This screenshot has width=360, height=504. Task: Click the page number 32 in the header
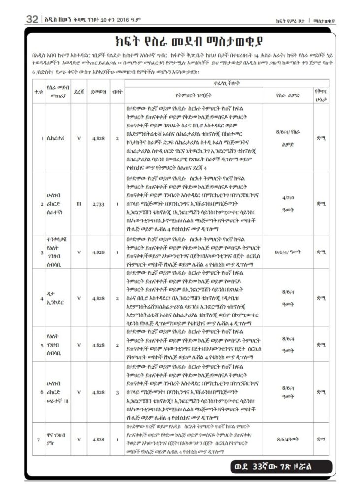pyautogui.click(x=32, y=20)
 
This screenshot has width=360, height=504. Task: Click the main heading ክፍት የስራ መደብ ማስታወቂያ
pyautogui.click(x=180, y=40)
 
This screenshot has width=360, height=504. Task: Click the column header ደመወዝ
pyautogui.click(x=98, y=91)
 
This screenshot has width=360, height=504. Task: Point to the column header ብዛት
pyautogui.click(x=117, y=91)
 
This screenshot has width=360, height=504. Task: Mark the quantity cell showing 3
pyautogui.click(x=117, y=392)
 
